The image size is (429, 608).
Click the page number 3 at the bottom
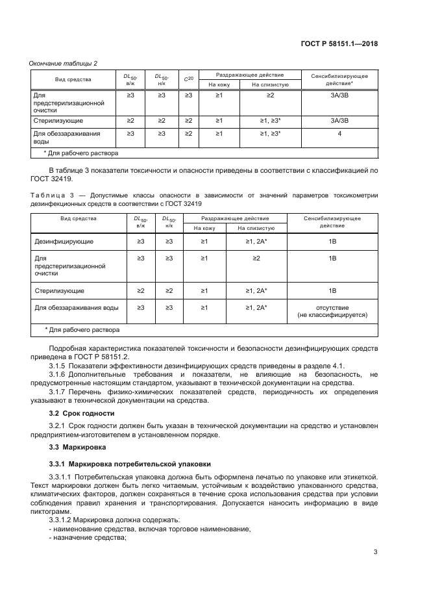tap(376, 552)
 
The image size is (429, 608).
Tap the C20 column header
tap(188, 79)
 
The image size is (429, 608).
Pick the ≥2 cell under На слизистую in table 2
tap(270, 95)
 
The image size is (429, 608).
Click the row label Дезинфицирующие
tap(64, 242)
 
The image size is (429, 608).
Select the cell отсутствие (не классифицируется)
tap(332, 310)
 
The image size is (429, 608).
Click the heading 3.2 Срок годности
tap(82, 413)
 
